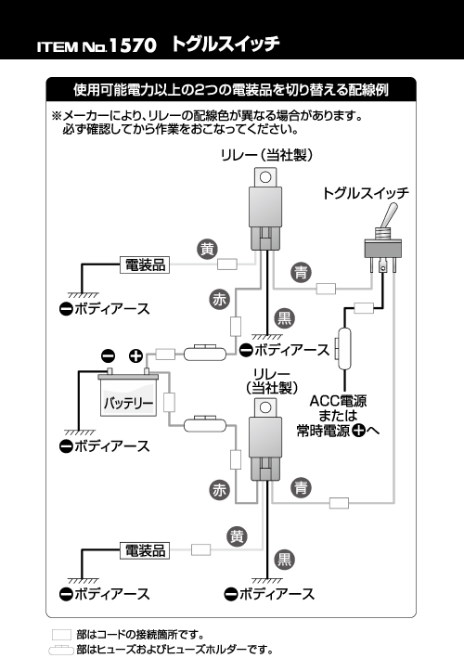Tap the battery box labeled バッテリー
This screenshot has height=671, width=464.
tap(128, 397)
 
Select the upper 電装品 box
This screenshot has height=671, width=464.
tap(145, 265)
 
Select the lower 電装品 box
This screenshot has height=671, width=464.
tap(145, 550)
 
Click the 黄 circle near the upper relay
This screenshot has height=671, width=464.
tap(207, 249)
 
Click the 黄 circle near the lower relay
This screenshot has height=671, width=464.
tap(237, 536)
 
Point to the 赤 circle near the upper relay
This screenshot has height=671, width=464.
tap(220, 300)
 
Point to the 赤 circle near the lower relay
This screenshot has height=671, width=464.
tap(219, 490)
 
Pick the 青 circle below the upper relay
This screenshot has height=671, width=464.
tap(301, 272)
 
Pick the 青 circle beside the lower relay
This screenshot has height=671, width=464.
tap(301, 487)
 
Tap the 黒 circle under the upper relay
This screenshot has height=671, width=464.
tap(284, 318)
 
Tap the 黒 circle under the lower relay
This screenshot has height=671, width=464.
tap(284, 560)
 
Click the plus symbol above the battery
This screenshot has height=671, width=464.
tap(135, 355)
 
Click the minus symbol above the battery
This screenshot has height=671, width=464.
tap(108, 355)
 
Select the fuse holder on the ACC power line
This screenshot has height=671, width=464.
tap(343, 348)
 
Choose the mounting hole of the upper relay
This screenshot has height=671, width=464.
tap(265, 177)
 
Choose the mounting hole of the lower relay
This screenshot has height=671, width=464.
tap(265, 407)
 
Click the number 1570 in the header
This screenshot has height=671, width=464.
tap(133, 45)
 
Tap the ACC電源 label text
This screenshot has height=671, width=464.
tap(338, 401)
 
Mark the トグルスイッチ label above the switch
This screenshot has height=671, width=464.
tap(366, 193)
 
